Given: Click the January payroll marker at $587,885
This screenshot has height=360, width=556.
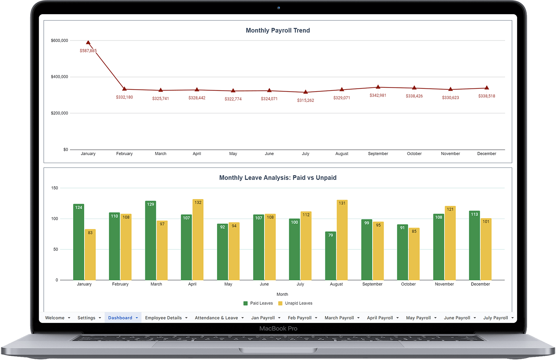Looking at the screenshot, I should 88,43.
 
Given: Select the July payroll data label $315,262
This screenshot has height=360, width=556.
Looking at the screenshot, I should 305,100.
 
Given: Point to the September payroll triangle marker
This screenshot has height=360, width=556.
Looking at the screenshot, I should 378,87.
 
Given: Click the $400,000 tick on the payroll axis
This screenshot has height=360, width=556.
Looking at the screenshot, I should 60,77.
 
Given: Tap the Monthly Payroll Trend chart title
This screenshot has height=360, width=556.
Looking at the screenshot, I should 278,31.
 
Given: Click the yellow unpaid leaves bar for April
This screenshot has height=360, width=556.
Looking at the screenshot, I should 198,239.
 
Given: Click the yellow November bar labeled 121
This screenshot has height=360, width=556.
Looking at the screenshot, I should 450,243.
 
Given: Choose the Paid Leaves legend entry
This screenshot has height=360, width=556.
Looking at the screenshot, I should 258,303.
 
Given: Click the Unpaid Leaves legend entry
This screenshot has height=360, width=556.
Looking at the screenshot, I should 295,303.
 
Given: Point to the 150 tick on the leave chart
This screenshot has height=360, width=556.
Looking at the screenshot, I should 55,188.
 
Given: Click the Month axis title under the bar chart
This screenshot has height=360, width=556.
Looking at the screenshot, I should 282,294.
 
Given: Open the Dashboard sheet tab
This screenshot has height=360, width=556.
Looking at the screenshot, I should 120,318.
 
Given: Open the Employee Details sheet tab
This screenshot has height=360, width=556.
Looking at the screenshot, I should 163,318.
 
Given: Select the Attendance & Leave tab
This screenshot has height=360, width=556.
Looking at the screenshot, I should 216,318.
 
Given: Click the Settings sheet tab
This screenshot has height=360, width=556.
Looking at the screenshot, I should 86,318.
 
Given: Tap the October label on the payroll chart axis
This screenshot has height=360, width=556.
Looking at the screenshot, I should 414,154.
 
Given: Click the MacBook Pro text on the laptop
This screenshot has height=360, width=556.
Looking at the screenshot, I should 278,328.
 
